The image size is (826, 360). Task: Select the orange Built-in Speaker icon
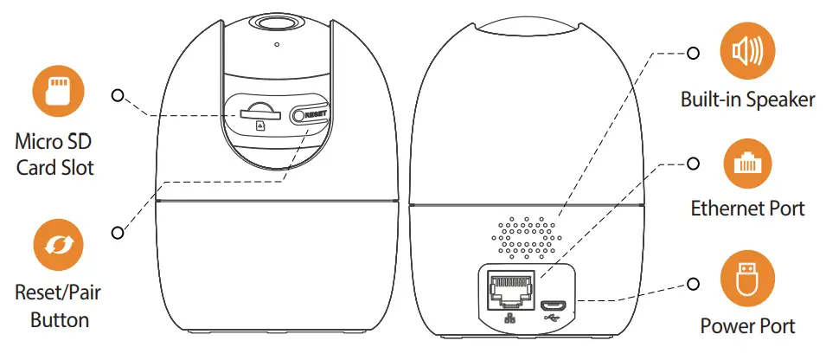coord(747,52)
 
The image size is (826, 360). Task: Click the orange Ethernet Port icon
coord(747,163)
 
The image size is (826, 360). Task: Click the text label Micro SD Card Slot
coord(54,152)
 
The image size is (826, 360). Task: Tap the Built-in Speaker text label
coord(747,100)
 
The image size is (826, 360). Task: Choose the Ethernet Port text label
coord(747,209)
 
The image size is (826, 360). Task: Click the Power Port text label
coord(747,326)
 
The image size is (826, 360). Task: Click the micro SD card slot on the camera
coord(259,112)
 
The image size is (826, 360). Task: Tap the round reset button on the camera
coord(299,115)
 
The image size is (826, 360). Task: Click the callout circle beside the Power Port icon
coord(693,283)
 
